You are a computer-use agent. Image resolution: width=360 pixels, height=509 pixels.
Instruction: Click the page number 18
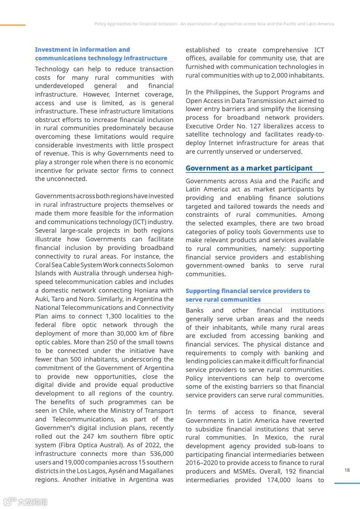(347, 470)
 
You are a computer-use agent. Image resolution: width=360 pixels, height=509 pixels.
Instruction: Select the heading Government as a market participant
(249, 168)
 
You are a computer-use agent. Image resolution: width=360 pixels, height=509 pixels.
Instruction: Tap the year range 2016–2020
(202, 463)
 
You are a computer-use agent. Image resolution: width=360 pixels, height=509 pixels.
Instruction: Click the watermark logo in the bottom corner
(25, 501)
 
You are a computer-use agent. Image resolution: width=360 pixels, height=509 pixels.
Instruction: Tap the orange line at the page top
(13, 25)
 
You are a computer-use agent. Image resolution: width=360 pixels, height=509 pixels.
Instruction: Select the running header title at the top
(214, 24)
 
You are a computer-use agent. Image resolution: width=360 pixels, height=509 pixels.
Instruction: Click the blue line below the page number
(347, 483)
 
